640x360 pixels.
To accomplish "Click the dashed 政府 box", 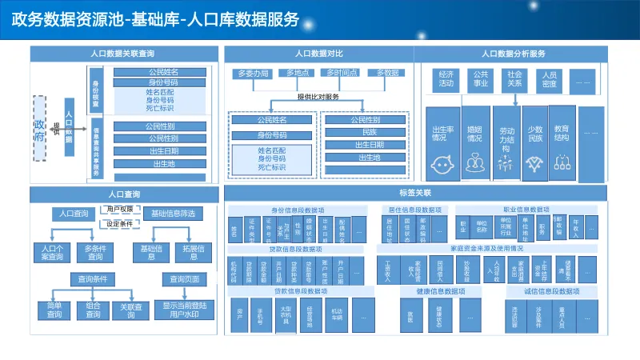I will tap(41, 125).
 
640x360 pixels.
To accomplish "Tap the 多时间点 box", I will tap(342, 73).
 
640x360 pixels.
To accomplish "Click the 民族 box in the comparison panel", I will tap(368, 132).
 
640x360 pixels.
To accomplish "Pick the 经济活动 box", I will tap(446, 78).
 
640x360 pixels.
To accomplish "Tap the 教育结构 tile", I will tap(562, 140).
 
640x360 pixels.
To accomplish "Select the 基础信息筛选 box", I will tap(172, 214).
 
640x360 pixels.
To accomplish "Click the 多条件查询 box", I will tap(95, 253).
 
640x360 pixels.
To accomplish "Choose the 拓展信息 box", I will tap(194, 253).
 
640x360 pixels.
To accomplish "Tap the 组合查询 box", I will tap(94, 310).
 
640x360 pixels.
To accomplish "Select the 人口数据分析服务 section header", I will tap(514, 54).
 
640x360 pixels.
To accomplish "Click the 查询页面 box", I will tap(180, 279).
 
